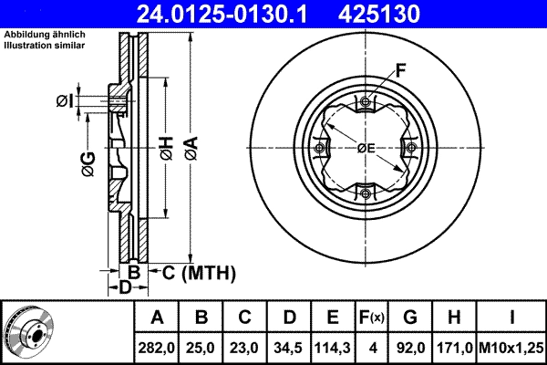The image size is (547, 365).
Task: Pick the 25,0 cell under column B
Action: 202,347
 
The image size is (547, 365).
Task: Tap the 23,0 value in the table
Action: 245,347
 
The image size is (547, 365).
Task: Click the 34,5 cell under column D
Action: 289,347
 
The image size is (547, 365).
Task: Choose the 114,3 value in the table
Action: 334,347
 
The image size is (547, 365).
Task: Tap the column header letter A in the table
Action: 157,318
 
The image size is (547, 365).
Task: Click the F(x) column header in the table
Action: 374,318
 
